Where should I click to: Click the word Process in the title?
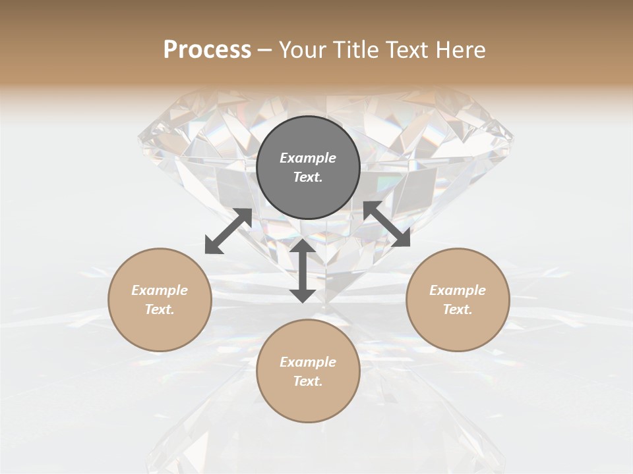(207, 50)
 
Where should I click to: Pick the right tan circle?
(458, 326)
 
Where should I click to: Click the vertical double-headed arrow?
(303, 271)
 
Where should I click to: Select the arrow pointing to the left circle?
(228, 231)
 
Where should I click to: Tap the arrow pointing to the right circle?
(386, 224)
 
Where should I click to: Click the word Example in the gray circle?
(308, 158)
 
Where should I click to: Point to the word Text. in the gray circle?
(308, 177)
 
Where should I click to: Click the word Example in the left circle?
(160, 290)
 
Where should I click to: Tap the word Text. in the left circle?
(160, 309)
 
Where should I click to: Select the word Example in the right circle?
(458, 290)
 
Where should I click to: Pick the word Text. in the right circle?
(458, 309)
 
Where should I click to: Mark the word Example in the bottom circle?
(308, 362)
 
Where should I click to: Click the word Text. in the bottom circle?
(308, 381)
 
